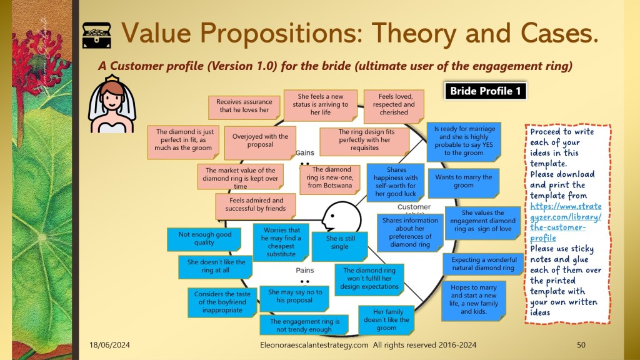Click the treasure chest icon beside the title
[x=97, y=36]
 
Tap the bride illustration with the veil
[x=112, y=104]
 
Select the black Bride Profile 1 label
[x=485, y=91]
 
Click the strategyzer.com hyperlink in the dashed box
[x=565, y=222]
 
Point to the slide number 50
[x=581, y=345]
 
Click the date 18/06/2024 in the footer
[x=109, y=345]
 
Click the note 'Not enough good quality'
[x=204, y=239]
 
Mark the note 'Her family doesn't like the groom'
[x=386, y=319]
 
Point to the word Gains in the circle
[x=305, y=152]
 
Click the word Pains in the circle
[x=305, y=270]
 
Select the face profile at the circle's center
[x=341, y=217]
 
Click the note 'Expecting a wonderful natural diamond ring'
[x=483, y=264]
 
